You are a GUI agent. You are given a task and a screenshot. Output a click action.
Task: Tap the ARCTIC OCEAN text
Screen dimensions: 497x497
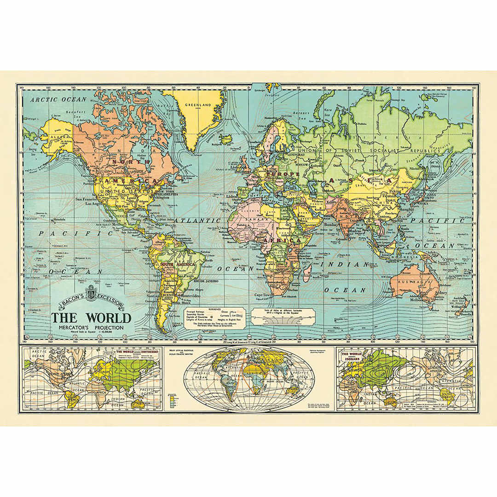[58, 99]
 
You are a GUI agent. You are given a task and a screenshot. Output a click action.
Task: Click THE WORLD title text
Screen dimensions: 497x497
[91, 318]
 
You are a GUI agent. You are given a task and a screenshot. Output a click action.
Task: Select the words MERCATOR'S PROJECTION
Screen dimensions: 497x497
[91, 328]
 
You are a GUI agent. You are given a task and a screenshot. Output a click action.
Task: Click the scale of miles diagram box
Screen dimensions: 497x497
[283, 316]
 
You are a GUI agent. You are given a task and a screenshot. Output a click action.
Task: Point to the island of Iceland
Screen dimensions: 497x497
[225, 138]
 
